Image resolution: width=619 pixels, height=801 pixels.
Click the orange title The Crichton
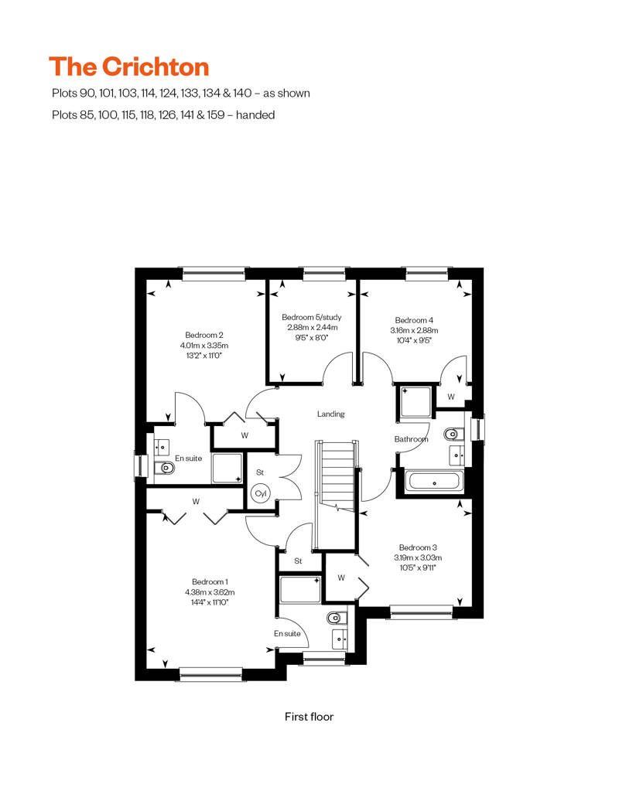128,67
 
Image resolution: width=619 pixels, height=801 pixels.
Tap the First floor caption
309,717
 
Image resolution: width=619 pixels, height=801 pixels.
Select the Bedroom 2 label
204,335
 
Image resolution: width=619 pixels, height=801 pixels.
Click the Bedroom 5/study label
311,317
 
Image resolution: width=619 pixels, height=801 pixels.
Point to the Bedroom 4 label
414,320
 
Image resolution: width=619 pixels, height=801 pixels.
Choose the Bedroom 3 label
418,547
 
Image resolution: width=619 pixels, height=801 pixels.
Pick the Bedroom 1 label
210,582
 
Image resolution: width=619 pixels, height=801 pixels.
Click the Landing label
330,414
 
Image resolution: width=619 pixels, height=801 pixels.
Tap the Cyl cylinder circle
261,493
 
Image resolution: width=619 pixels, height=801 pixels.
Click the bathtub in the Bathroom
435,482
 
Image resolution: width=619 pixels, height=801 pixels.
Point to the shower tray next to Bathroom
416,401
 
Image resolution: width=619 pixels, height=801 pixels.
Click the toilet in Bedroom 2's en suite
164,467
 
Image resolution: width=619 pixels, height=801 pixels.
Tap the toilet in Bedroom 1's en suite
336,618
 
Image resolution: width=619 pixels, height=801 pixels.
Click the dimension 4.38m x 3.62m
210,592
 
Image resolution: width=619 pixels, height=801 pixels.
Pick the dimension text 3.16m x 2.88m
414,330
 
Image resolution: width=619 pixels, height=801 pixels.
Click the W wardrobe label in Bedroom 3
341,578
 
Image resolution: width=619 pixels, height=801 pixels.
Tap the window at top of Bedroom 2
214,274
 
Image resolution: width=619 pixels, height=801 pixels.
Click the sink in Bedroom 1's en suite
340,639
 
